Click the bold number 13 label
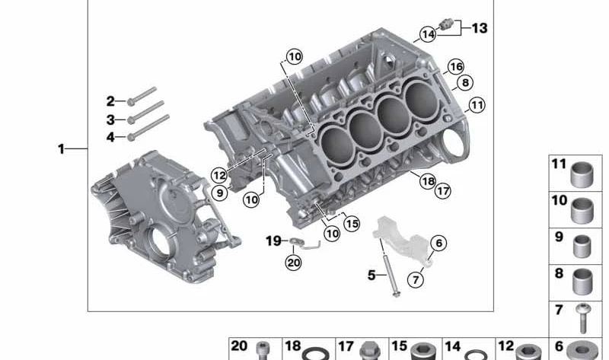tap(480, 28)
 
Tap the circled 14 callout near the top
tap(428, 34)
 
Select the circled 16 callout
tap(455, 67)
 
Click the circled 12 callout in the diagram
tap(219, 176)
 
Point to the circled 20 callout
tap(293, 263)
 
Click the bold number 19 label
tap(273, 241)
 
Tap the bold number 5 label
tap(371, 276)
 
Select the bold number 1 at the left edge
tap(61, 148)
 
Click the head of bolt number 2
tap(131, 102)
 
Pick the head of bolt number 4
tap(131, 137)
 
